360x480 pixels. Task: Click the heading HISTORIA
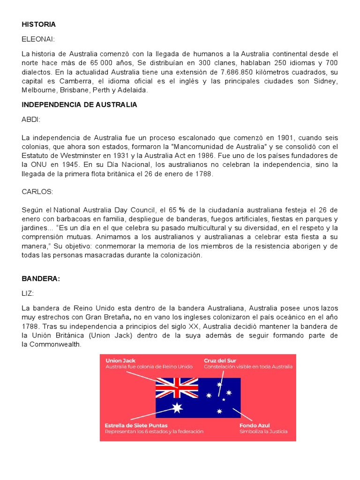[x=38, y=24]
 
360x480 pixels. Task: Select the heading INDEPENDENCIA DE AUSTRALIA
[x=79, y=105]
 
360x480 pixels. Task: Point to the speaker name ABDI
[x=31, y=120]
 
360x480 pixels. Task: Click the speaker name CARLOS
[x=37, y=192]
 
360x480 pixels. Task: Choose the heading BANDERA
[x=41, y=278]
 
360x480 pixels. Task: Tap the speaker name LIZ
[x=28, y=293]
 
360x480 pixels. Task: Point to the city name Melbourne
[x=39, y=90]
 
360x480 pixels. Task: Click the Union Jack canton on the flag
[x=177, y=388]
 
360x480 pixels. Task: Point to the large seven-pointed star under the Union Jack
[x=177, y=408]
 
